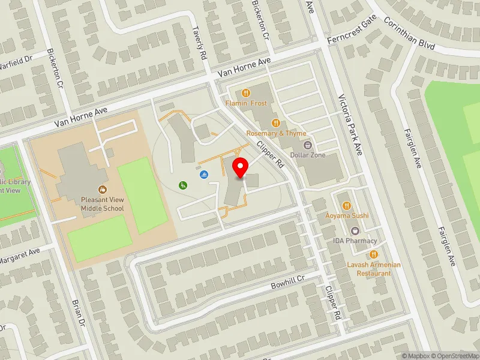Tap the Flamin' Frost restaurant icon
point(245,93)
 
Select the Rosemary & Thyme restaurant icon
point(275,123)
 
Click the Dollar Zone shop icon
point(307,145)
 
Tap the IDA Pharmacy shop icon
point(355,230)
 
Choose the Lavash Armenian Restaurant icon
point(374,254)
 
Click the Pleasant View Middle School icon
point(103,190)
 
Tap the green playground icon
point(182,185)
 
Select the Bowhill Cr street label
point(288,280)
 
